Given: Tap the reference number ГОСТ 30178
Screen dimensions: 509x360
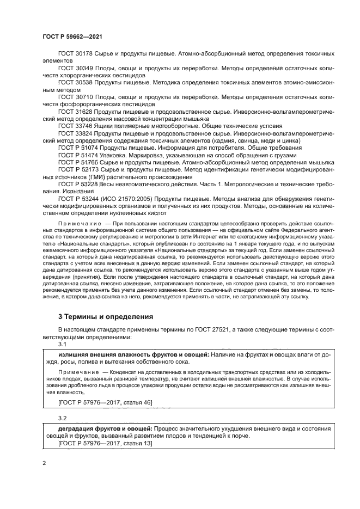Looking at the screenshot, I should pos(76,54).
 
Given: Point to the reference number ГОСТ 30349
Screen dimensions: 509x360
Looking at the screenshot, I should pos(76,69).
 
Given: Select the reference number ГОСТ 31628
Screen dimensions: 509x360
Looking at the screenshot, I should pos(76,111).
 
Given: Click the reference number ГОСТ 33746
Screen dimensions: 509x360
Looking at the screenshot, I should pos(76,125).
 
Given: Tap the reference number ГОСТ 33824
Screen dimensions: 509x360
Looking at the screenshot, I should pos(76,133).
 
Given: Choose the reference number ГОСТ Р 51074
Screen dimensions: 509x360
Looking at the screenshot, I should pos(79,147).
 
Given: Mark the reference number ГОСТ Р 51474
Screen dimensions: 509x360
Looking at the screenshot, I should pos(79,155).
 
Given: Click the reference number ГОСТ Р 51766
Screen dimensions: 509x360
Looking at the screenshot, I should pos(79,162).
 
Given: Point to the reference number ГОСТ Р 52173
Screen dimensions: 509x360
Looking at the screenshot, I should pos(79,169).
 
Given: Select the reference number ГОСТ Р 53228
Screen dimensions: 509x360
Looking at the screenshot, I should pos(79,183).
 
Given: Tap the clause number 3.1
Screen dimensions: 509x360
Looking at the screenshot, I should pos(62,344).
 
